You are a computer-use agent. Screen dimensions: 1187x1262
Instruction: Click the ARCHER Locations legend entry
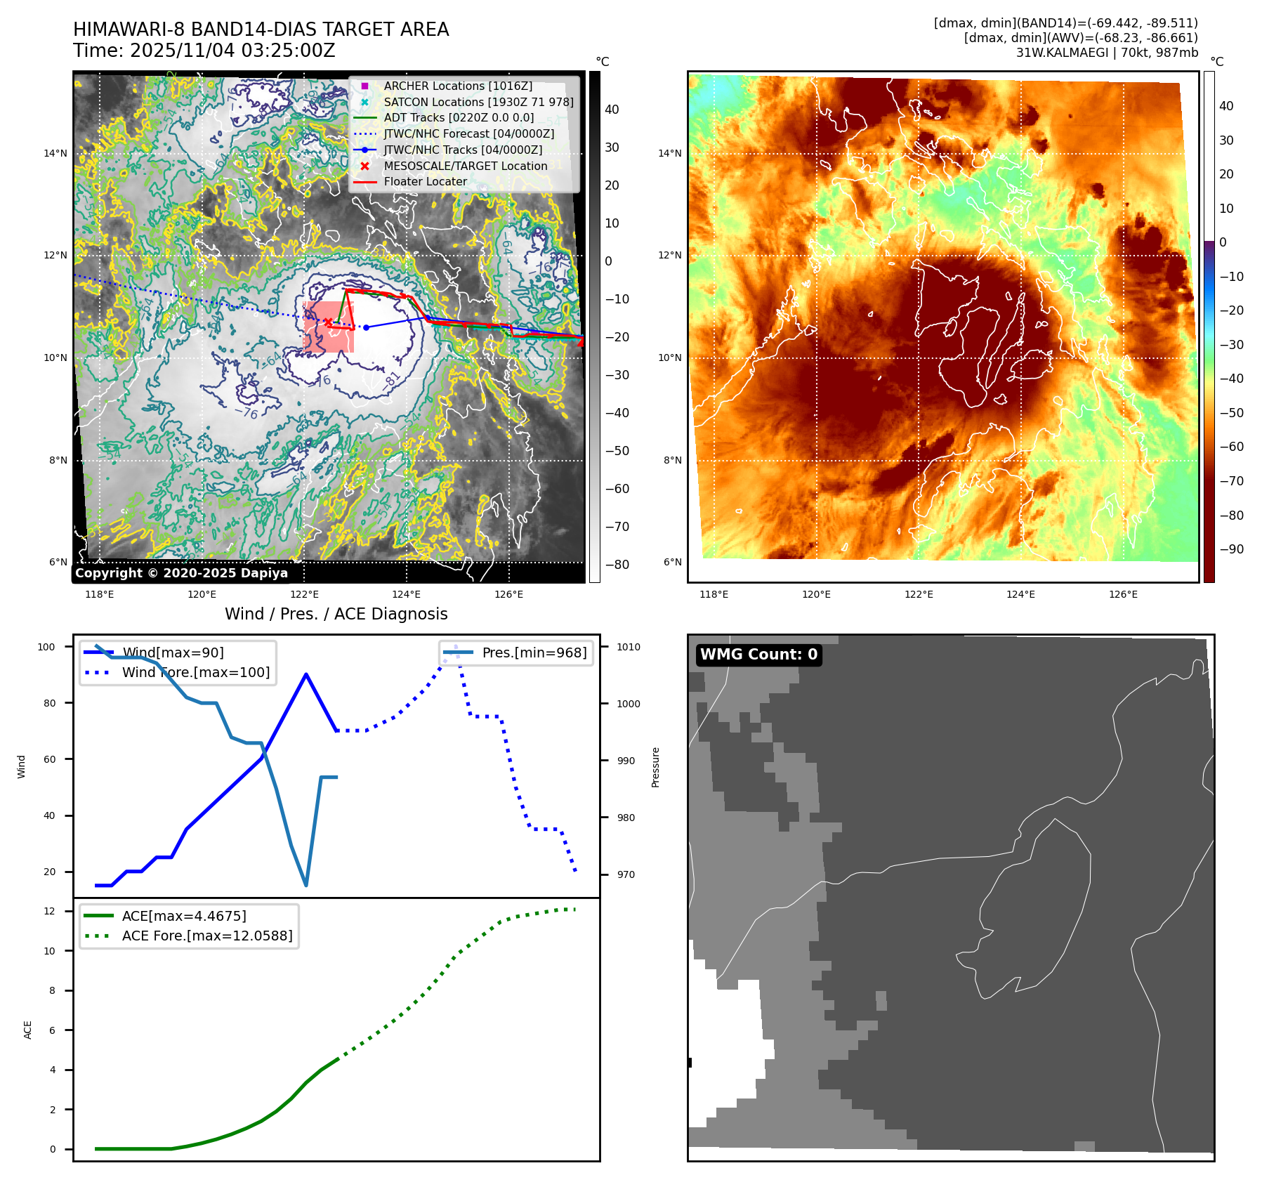457,86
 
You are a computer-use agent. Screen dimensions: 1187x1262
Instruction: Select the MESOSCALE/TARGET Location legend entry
465,166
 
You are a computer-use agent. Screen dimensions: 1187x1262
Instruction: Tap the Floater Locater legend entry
425,181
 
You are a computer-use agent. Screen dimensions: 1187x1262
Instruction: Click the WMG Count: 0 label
758,655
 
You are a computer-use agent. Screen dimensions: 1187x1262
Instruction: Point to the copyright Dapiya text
181,573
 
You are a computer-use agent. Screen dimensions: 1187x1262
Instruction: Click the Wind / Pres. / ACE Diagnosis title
336,614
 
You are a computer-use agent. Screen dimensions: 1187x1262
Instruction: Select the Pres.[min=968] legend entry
534,652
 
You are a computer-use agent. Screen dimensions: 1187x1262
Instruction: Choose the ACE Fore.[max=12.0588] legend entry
206,936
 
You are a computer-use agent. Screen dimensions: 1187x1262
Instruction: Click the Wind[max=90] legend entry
173,652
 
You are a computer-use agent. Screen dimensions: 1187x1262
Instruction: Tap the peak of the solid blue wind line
306,674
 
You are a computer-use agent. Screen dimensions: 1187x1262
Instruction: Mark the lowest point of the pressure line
306,885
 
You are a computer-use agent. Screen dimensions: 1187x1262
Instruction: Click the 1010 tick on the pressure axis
629,647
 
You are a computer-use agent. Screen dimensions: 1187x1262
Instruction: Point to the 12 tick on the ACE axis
50,911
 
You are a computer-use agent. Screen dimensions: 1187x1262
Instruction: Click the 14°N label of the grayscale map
55,153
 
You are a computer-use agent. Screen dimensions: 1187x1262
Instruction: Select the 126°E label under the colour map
1123,594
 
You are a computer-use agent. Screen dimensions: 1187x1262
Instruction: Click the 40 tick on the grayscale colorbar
612,110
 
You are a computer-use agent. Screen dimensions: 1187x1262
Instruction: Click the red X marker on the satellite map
328,322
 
